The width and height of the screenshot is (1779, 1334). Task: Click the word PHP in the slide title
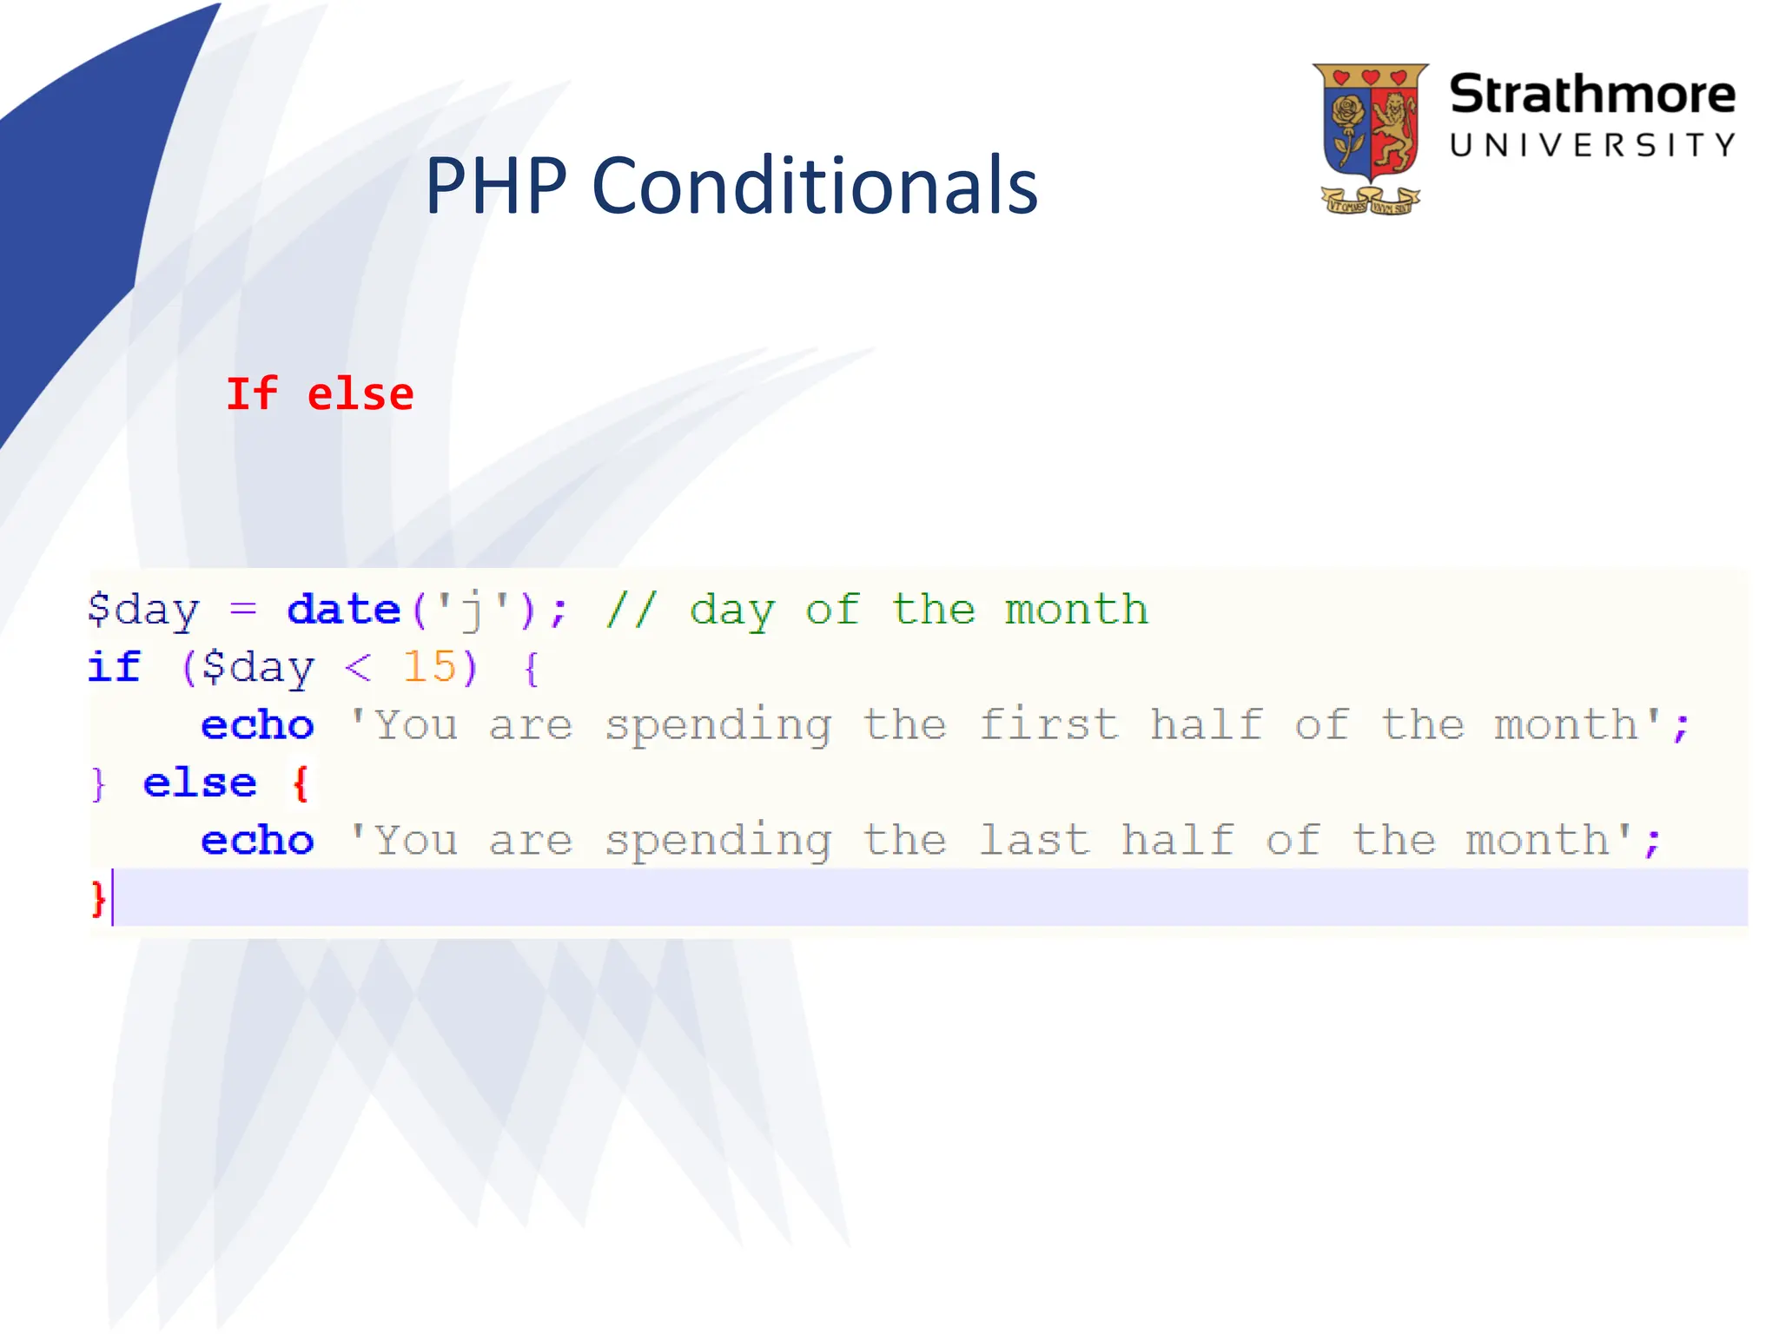click(496, 186)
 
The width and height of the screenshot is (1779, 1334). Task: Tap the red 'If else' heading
click(320, 394)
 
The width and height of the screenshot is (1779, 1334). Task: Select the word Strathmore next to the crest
click(1591, 94)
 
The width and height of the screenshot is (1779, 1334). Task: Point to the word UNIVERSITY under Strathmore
click(1591, 145)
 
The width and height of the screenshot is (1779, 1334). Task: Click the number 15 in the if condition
click(429, 667)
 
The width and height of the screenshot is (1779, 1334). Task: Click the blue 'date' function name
click(343, 610)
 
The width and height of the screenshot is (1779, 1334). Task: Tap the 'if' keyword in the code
click(114, 667)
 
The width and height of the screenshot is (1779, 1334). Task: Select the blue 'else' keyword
click(200, 783)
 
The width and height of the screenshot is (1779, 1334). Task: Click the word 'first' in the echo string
click(1048, 725)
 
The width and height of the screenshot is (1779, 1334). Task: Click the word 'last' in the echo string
click(1034, 841)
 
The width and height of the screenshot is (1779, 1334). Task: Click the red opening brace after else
click(301, 783)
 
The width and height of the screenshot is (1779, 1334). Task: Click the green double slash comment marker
click(632, 610)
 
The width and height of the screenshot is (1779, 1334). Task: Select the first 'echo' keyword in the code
click(257, 725)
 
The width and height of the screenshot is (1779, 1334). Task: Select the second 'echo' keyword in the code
click(257, 841)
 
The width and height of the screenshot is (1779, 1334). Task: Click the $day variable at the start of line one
click(143, 610)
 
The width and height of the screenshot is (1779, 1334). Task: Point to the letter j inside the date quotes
click(472, 610)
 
